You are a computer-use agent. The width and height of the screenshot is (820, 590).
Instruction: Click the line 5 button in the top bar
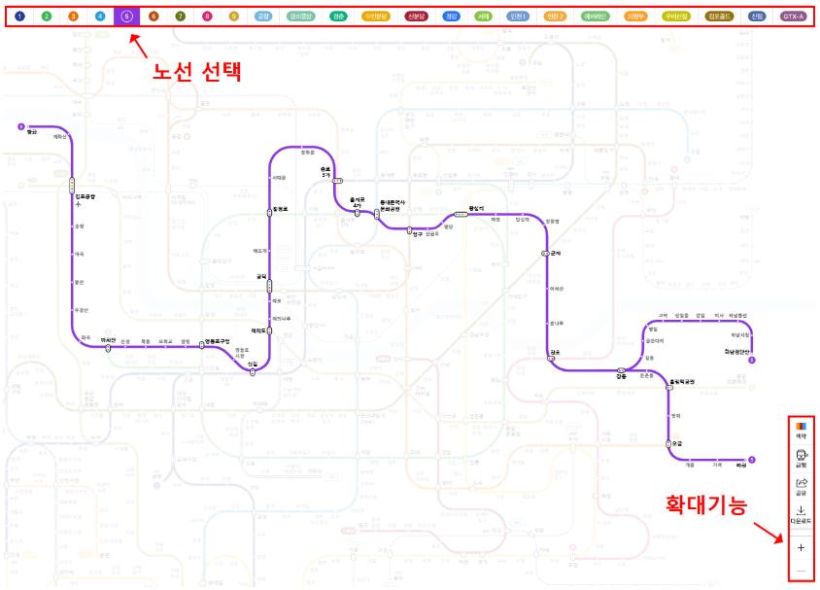tap(127, 17)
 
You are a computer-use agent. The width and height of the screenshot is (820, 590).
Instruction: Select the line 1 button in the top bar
tap(20, 17)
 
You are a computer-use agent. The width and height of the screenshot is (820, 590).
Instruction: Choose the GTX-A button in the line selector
tap(794, 17)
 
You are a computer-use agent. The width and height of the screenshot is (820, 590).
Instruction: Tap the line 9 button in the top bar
tap(233, 17)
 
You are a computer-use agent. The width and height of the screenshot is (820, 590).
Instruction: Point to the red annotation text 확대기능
tap(706, 505)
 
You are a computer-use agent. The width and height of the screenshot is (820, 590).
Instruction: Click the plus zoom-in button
tap(802, 549)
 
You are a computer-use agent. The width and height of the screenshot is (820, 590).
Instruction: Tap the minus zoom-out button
tap(802, 571)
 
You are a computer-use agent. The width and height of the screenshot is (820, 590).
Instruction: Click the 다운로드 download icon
tap(802, 514)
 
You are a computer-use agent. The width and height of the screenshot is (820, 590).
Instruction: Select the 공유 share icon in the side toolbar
tap(802, 486)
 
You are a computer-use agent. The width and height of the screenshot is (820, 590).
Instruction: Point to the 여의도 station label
tap(258, 330)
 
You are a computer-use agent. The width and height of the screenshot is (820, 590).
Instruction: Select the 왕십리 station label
tap(476, 208)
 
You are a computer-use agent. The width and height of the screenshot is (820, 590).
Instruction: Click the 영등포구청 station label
tap(216, 341)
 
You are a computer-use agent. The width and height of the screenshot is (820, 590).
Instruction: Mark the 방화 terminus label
tap(31, 132)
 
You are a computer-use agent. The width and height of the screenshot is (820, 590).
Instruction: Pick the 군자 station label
tap(556, 253)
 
